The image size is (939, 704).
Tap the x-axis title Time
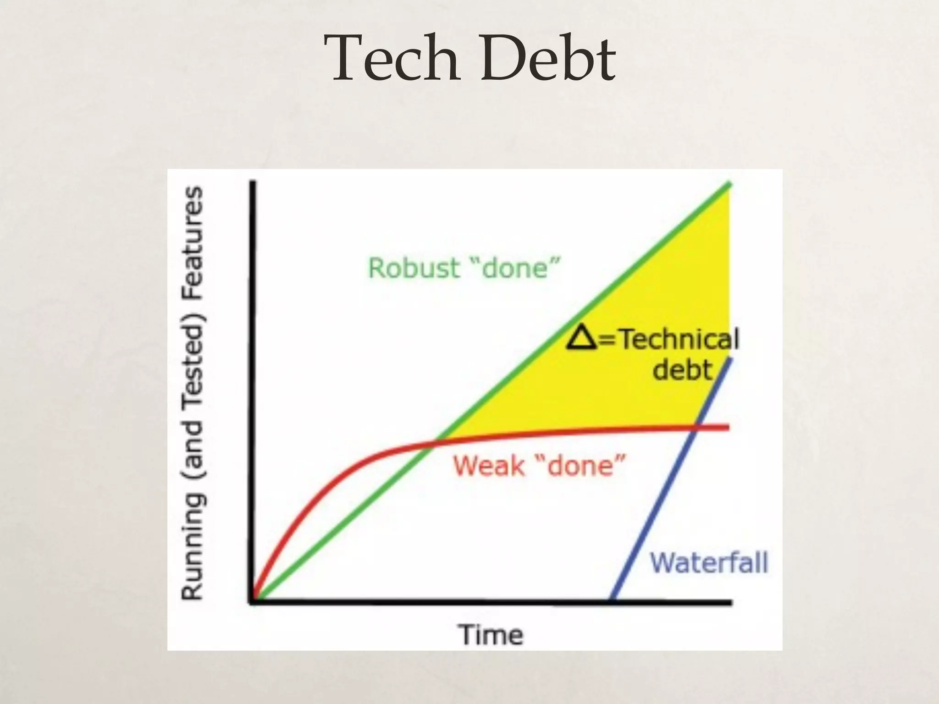491,635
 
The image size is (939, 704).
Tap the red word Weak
489,466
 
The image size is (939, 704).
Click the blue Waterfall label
709,562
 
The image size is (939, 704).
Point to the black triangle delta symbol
582,340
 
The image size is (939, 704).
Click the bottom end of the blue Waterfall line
613,599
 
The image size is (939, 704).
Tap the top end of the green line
729,184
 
